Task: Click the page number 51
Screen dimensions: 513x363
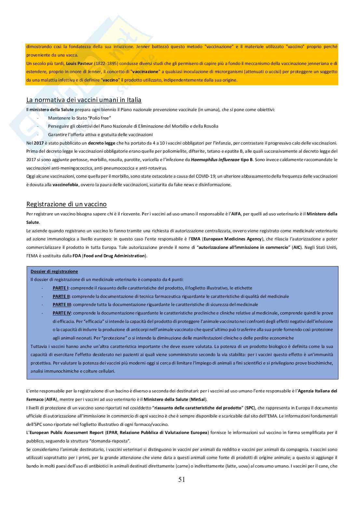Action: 181,480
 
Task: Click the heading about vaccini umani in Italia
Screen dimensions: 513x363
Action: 84,100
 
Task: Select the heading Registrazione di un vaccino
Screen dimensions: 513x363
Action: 66,204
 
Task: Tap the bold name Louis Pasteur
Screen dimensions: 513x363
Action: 79,63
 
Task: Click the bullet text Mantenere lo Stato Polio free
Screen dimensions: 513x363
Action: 79,118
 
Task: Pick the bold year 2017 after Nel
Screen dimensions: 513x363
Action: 39,143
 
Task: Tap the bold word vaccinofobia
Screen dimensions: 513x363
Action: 65,185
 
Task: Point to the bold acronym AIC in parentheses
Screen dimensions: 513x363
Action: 297,247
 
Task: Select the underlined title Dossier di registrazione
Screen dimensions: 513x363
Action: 54,271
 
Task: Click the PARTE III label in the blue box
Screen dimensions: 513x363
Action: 62,304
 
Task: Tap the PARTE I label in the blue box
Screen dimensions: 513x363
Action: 60,288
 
